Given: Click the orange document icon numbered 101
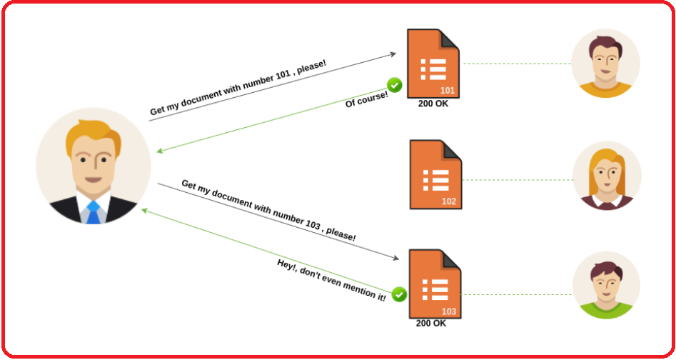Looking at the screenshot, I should (433, 64).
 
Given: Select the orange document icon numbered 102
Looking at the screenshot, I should (435, 174).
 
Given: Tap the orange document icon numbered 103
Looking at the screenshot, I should (434, 284).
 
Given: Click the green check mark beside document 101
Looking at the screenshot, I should (395, 86).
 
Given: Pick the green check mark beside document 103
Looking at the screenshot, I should (399, 294).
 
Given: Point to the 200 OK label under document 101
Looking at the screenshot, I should (433, 104).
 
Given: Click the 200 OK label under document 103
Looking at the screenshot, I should (431, 323).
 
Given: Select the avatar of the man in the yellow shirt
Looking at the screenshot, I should (605, 64).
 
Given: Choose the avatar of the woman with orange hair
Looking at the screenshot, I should (607, 176).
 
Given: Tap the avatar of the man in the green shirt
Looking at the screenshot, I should (605, 285).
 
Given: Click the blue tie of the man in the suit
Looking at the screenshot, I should (93, 212).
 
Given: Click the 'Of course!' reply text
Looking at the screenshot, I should (366, 99).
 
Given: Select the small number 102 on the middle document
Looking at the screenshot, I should (448, 201).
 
